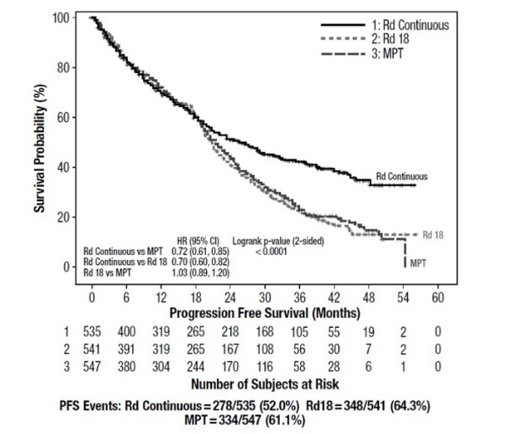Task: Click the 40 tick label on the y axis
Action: click(x=62, y=167)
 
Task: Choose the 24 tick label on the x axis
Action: click(x=229, y=298)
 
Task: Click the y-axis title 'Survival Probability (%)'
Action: click(x=39, y=143)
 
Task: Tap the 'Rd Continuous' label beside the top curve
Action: click(x=401, y=177)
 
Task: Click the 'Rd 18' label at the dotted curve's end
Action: click(x=434, y=234)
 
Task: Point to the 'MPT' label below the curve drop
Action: click(x=418, y=263)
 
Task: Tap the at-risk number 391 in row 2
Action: click(x=125, y=351)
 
